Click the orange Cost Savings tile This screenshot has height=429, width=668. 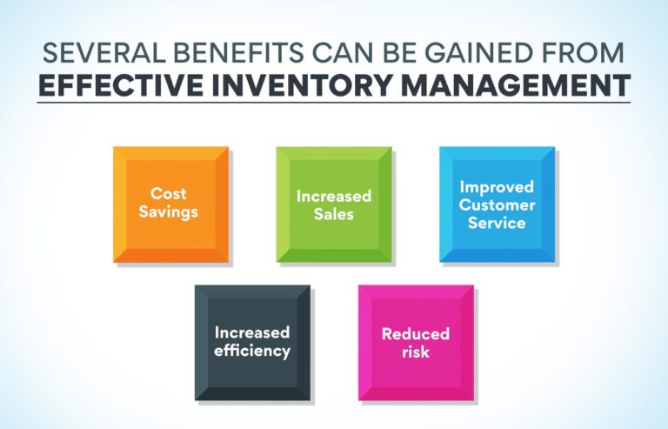coord(170,204)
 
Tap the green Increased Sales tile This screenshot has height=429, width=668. coord(333,204)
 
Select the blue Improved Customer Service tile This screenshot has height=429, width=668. coord(497,204)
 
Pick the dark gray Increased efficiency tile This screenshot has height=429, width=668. coord(252,342)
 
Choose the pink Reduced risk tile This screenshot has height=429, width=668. coord(416,342)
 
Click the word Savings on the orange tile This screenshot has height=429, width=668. coord(169,212)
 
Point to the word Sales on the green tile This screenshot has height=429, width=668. coord(333,213)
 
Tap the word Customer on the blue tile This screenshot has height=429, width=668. coord(497,204)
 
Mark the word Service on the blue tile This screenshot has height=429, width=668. coord(497,222)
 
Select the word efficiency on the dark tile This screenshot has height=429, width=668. coord(252,351)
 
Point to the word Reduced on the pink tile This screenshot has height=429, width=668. coord(416,334)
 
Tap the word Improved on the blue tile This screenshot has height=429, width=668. coord(497,186)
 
